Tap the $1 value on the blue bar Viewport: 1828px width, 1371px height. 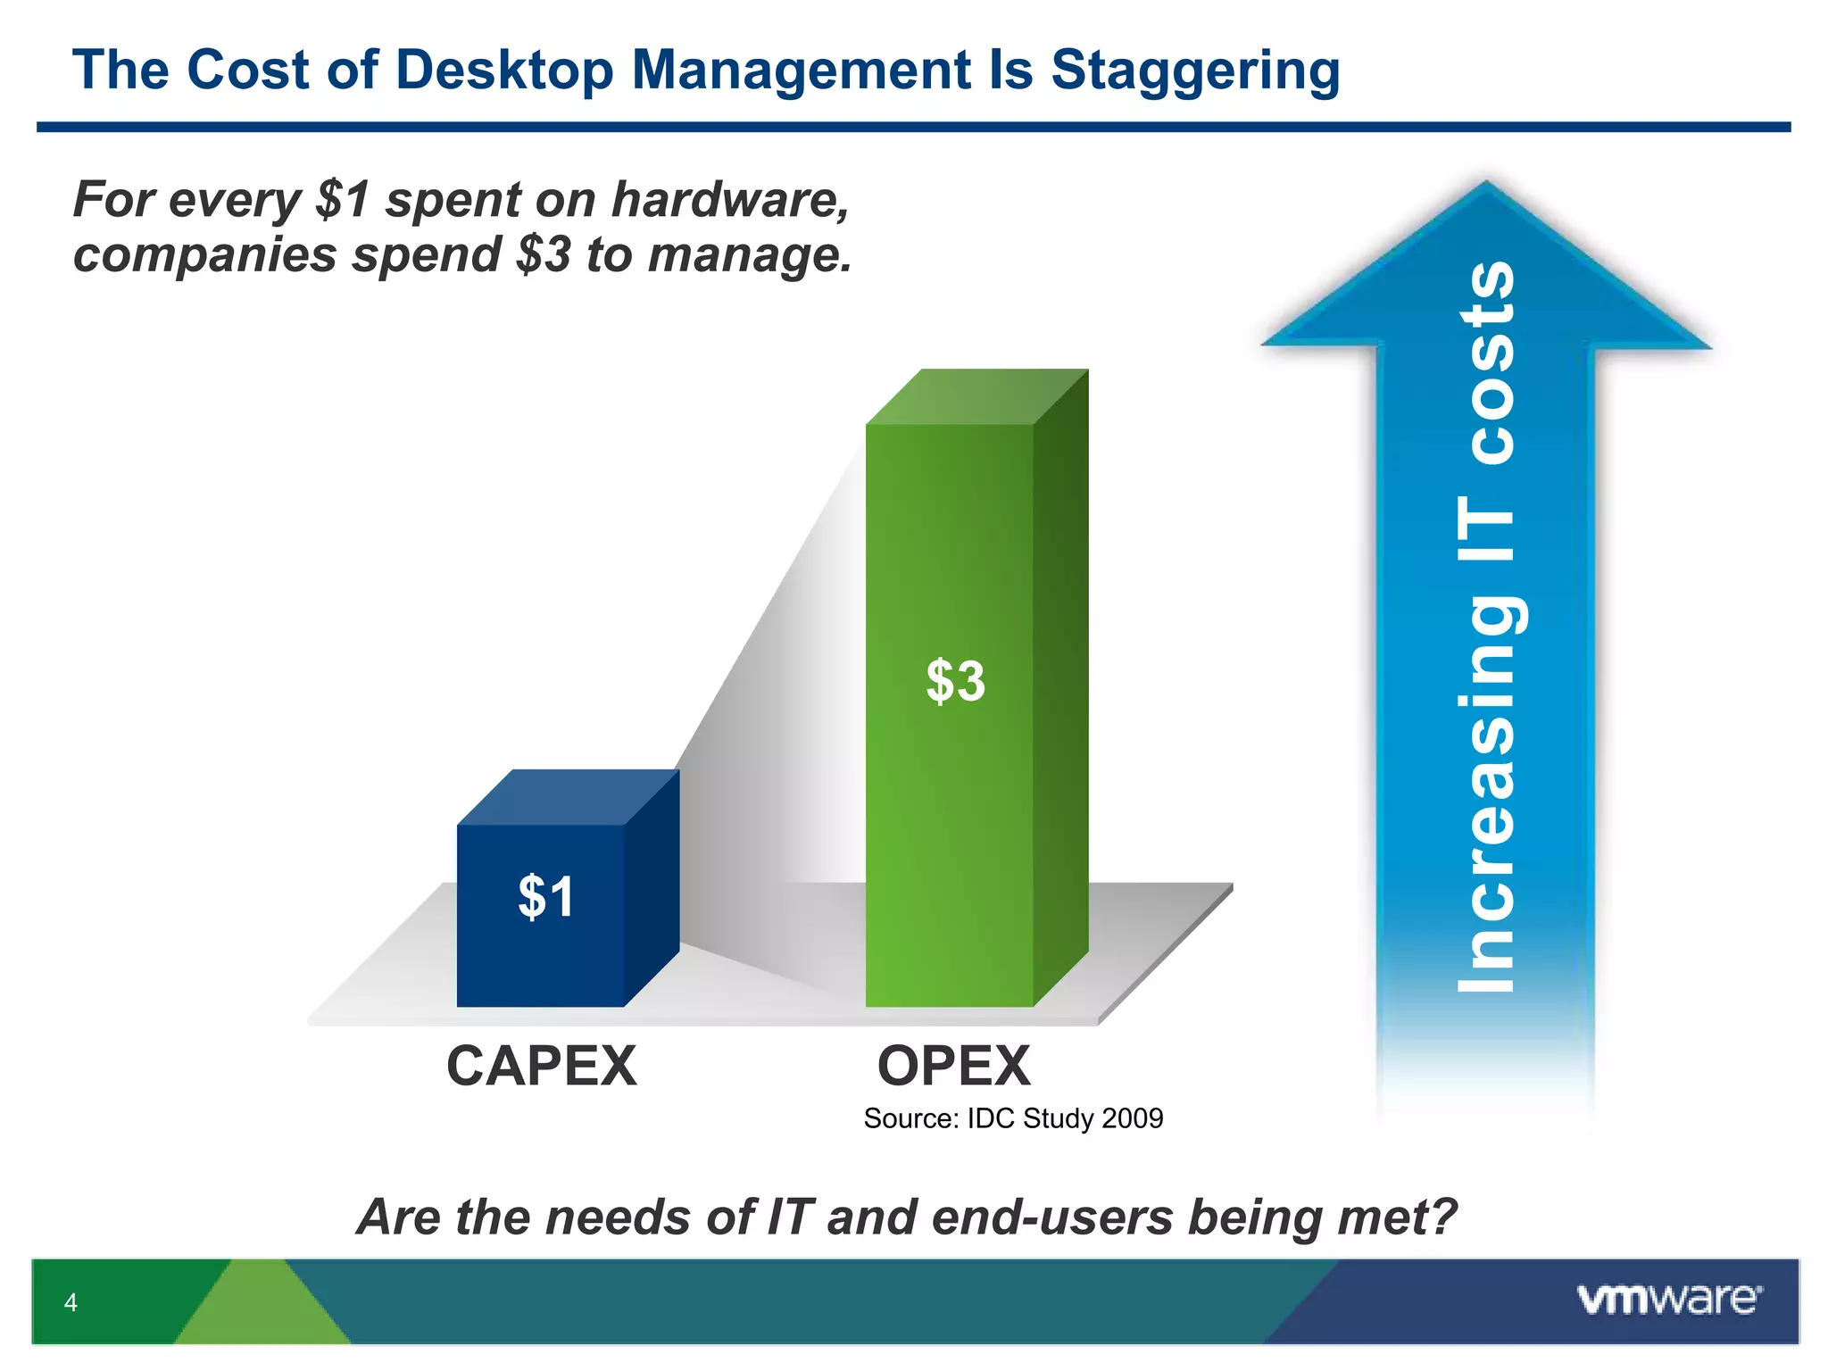pos(546,896)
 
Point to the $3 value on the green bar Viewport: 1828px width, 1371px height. pos(955,681)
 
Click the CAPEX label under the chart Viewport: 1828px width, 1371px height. pos(542,1066)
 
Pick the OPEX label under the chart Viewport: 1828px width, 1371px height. pos(954,1066)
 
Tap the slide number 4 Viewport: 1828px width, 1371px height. pos(71,1302)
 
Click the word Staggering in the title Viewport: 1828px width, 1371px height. pos(1195,71)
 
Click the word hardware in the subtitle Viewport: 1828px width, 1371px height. pos(729,199)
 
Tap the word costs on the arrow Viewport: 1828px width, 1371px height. pos(1488,362)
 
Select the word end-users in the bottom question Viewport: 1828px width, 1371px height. pos(1051,1217)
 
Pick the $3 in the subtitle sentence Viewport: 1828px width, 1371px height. pos(543,255)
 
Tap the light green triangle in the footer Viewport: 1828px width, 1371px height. pos(262,1308)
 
